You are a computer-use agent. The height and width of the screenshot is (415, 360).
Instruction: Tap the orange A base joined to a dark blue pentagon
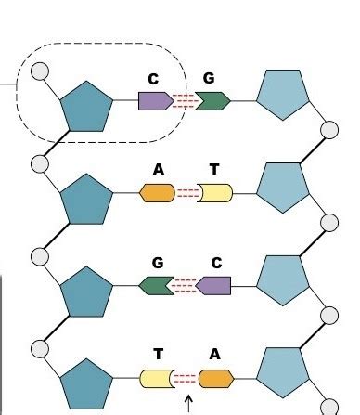pyautogui.click(x=157, y=193)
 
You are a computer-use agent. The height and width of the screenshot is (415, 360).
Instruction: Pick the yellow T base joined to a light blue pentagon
pyautogui.click(x=215, y=193)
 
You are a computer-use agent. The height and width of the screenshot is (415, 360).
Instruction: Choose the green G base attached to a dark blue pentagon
pyautogui.click(x=157, y=286)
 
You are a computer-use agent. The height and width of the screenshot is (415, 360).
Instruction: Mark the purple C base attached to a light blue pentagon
pyautogui.click(x=215, y=286)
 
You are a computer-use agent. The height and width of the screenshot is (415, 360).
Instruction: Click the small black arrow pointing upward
pyautogui.click(x=189, y=403)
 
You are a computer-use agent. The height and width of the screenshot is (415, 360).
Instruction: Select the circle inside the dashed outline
pyautogui.click(x=40, y=71)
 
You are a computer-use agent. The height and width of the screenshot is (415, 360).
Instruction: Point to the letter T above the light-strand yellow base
pyautogui.click(x=215, y=171)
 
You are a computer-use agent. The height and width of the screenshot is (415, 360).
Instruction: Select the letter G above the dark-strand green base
pyautogui.click(x=158, y=263)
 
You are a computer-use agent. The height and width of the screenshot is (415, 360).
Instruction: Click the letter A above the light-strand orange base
pyautogui.click(x=215, y=355)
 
